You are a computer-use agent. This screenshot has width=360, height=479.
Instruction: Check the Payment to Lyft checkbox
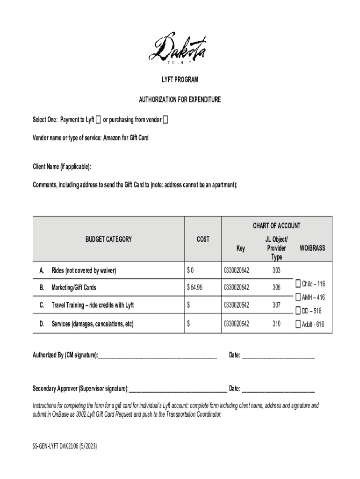(98, 120)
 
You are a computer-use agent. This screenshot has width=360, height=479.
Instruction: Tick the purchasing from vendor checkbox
(166, 120)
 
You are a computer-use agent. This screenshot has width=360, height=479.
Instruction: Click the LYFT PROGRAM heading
(180, 80)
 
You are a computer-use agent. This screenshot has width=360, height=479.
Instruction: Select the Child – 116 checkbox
(298, 284)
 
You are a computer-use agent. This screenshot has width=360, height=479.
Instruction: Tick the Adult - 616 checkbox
(298, 324)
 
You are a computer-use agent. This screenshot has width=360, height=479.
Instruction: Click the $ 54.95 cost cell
(194, 288)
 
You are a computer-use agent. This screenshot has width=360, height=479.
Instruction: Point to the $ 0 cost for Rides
(190, 270)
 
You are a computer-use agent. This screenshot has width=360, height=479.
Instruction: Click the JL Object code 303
(276, 270)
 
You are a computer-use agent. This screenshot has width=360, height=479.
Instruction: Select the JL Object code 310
(276, 323)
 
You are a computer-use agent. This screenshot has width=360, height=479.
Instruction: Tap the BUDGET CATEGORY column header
(108, 239)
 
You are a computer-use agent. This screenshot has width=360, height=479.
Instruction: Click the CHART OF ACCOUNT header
(277, 226)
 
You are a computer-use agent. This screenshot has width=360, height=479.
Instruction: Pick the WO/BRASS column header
(312, 248)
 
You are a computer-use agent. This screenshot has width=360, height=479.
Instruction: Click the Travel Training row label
(93, 305)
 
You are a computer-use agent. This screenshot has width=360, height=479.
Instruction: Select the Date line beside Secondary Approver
(278, 389)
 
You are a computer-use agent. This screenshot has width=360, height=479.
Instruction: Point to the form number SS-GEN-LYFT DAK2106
(65, 446)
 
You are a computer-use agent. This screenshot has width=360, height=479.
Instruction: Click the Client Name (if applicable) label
(62, 167)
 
